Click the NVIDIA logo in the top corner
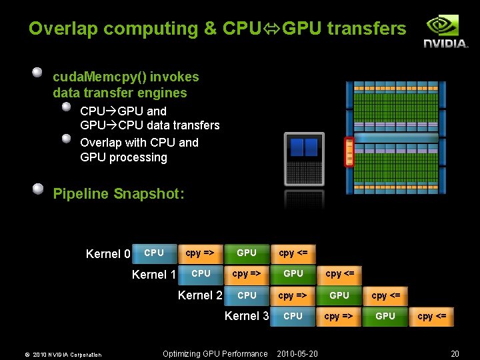point(446,31)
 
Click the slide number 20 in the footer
point(455,354)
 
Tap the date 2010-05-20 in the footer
point(297,354)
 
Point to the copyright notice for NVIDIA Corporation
point(59,355)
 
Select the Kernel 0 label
point(108,254)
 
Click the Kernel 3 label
point(247,316)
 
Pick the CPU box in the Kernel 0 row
point(154,253)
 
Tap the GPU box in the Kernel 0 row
point(247,253)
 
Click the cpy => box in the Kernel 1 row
point(247,274)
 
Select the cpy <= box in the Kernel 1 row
point(340,274)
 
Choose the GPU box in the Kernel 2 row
point(339,295)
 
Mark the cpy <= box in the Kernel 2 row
point(386,295)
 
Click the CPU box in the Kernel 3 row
point(293,316)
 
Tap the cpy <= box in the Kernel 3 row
point(432,316)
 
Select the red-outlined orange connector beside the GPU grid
point(349,151)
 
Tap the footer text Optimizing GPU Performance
point(215,354)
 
